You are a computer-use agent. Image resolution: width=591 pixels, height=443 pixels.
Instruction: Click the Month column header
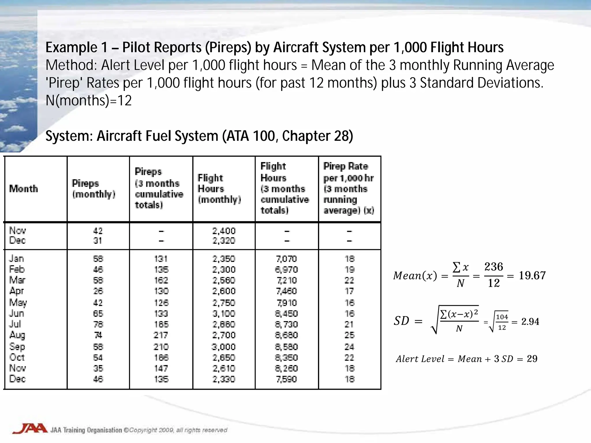(x=24, y=189)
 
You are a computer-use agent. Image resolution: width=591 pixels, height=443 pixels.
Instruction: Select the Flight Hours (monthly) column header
(x=219, y=189)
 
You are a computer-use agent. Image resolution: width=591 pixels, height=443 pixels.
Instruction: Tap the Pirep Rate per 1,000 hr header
(x=349, y=188)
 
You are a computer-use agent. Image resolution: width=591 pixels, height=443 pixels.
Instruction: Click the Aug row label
(x=17, y=335)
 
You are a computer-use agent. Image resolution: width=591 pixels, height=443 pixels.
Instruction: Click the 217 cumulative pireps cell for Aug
(x=161, y=335)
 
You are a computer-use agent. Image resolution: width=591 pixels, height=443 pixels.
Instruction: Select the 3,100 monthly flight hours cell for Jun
(x=224, y=314)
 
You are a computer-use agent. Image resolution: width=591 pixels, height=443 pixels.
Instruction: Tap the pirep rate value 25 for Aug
(x=349, y=335)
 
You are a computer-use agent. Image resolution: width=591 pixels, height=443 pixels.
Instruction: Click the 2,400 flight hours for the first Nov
(x=224, y=231)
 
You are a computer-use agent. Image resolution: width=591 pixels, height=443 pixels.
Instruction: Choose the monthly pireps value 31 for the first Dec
(x=98, y=241)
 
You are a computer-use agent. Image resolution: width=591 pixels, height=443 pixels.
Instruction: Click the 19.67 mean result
(x=532, y=276)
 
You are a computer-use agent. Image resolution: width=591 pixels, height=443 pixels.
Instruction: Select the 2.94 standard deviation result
(x=530, y=322)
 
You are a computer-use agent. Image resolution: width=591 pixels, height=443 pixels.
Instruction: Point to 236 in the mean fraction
(x=494, y=267)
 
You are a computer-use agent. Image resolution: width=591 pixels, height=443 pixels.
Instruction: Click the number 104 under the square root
(x=502, y=317)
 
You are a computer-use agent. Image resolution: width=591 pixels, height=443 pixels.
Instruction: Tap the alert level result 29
(x=532, y=359)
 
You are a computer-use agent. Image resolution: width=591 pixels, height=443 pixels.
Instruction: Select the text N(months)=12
(x=89, y=101)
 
